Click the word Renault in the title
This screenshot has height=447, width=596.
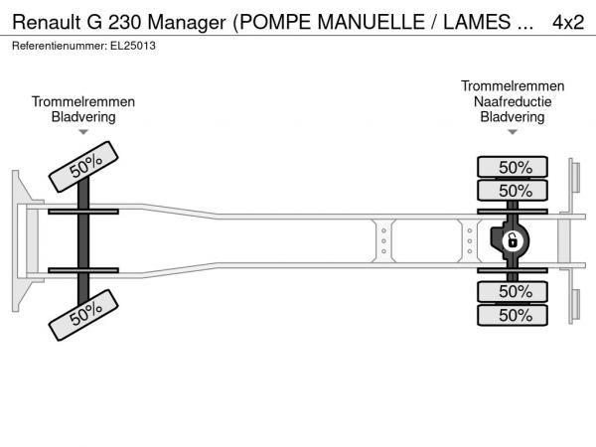pyautogui.click(x=47, y=22)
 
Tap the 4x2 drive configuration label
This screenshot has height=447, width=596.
pyautogui.click(x=568, y=22)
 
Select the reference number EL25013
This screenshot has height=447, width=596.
pyautogui.click(x=133, y=46)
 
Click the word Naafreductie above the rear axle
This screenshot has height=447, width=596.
pyautogui.click(x=513, y=101)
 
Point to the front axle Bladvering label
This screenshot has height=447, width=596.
pyautogui.click(x=83, y=116)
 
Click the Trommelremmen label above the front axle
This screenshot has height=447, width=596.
pyautogui.click(x=83, y=101)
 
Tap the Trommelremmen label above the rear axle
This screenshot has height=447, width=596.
pyautogui.click(x=513, y=85)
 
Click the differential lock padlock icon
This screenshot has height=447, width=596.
pyautogui.click(x=512, y=241)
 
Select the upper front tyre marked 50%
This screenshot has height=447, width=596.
pyautogui.click(x=83, y=167)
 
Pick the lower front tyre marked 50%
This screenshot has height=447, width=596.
pyautogui.click(x=83, y=315)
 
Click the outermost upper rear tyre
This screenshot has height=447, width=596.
pyautogui.click(x=513, y=167)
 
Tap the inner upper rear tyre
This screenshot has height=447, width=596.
pyautogui.click(x=513, y=191)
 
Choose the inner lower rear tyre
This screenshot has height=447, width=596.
pyautogui.click(x=513, y=291)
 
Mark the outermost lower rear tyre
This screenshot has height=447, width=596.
pyautogui.click(x=513, y=315)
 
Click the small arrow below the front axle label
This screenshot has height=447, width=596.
pyautogui.click(x=83, y=132)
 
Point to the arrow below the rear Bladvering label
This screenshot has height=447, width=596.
pyautogui.click(x=513, y=132)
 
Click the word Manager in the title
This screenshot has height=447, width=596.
pyautogui.click(x=187, y=23)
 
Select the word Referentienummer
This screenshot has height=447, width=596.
pyautogui.click(x=60, y=46)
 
